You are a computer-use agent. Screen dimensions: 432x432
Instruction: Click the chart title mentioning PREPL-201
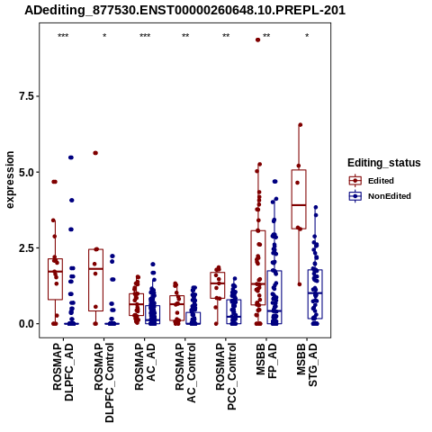coord(184,11)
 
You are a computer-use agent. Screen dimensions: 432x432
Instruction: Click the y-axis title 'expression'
coord(10,180)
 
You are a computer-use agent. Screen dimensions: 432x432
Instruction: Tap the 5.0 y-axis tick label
coord(27,172)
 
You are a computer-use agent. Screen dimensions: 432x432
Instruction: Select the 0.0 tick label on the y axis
coord(27,324)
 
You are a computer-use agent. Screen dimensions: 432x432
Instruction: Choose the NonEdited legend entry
coord(380,196)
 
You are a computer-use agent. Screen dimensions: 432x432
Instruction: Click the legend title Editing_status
coord(384,163)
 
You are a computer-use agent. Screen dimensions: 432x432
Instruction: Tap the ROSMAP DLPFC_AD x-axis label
coord(63,372)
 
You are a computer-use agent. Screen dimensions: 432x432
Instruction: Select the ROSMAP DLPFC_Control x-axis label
coord(103,382)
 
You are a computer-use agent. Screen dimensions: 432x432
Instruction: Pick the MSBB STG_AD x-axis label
coord(307,365)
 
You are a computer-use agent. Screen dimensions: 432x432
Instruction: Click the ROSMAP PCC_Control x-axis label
coord(226,376)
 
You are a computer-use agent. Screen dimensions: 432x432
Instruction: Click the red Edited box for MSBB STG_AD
coord(299,200)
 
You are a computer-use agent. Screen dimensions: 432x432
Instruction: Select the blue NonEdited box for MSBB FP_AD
coord(274,297)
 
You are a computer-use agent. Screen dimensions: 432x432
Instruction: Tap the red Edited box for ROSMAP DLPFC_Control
coord(95,280)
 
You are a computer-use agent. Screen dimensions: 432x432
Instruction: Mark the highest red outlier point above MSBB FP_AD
coord(257,40)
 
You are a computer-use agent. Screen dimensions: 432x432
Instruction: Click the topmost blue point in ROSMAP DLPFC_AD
coord(71,157)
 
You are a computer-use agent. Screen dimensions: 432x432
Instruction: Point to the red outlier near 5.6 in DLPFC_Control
coord(95,153)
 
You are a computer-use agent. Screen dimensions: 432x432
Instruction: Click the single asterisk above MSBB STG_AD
coord(307,36)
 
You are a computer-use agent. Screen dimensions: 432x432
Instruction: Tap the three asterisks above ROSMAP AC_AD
coord(145,36)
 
